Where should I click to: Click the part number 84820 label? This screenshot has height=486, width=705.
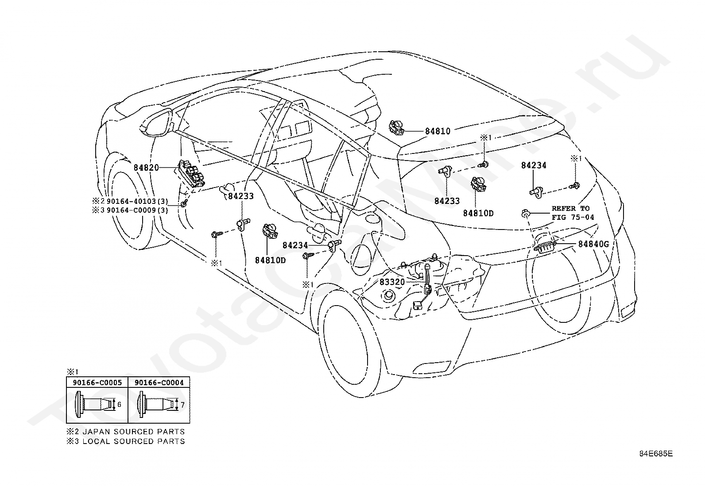point(146,168)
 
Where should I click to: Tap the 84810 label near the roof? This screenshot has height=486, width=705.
point(438,131)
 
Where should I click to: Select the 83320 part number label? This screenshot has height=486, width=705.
point(392,282)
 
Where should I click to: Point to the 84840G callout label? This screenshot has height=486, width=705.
point(593,244)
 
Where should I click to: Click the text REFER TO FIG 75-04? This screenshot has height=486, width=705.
point(573,213)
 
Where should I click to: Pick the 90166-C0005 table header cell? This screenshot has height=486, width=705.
point(97,383)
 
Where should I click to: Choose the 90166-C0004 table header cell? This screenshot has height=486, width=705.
point(159,383)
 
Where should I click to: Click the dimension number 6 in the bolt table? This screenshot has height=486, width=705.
point(119,405)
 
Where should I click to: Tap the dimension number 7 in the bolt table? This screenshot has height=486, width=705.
point(182,405)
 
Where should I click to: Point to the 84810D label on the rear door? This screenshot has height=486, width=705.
point(478,213)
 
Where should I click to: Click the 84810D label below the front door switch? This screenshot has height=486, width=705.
point(271,260)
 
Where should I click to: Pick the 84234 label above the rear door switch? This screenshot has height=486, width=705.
point(534,165)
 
